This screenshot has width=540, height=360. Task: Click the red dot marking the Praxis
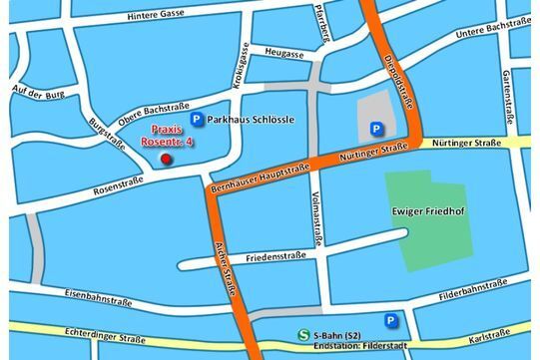coord(166,160)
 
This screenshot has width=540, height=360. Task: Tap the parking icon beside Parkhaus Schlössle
coord(198,119)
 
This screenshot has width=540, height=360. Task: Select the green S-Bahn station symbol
coord(303,336)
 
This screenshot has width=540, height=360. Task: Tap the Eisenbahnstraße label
coord(98,297)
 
